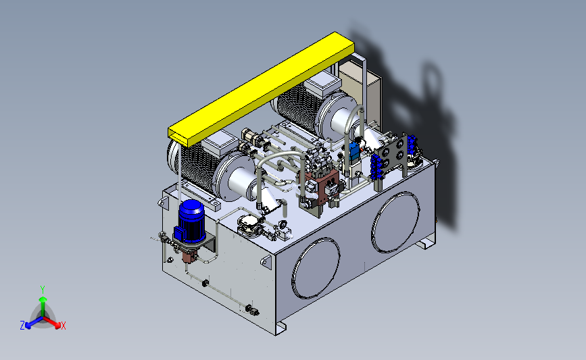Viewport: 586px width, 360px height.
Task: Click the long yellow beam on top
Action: click(x=262, y=89)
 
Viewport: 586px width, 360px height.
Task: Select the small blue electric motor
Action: click(x=191, y=222)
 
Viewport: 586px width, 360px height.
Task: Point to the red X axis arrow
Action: click(x=51, y=322)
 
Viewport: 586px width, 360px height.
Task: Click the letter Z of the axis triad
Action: click(x=22, y=326)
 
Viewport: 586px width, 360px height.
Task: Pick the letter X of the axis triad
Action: click(x=63, y=326)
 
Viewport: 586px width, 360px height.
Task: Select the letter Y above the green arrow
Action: click(x=43, y=290)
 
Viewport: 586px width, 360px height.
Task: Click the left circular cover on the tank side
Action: click(x=316, y=267)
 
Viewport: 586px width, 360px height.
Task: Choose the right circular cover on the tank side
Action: click(x=395, y=222)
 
